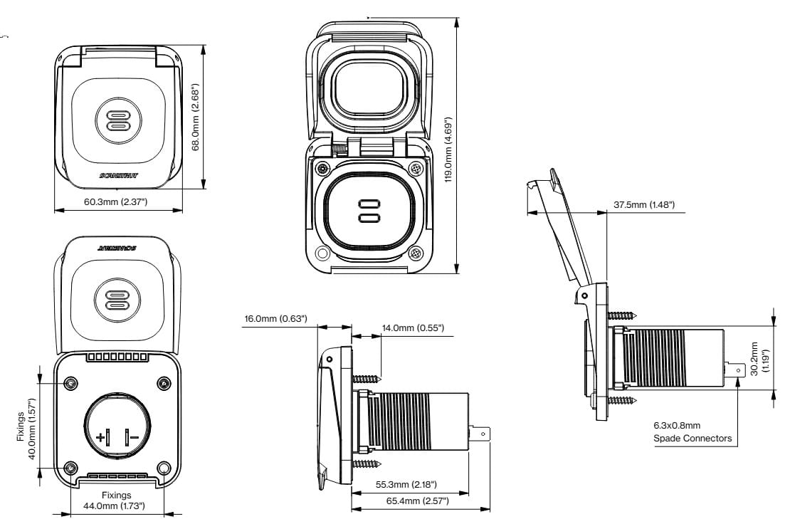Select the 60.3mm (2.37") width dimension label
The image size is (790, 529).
pos(115,202)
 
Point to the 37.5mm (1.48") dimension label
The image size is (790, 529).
pos(644,205)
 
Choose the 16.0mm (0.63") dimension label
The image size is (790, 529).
pos(275,318)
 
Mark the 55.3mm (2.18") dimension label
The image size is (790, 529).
pos(406,485)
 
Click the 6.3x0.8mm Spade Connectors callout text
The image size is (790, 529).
pos(692,432)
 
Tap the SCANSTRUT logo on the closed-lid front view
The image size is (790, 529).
pos(117,174)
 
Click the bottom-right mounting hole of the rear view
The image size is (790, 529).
pos(164,468)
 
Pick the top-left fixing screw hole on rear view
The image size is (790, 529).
pos(71,384)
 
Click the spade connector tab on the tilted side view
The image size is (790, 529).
pos(737,370)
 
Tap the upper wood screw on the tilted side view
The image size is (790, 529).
pos(624,314)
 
